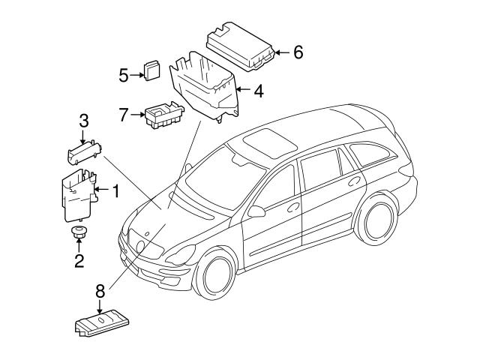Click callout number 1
click(x=116, y=191)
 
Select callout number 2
click(x=78, y=261)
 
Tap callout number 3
click(x=84, y=120)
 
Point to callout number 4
click(x=257, y=92)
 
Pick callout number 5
click(x=124, y=73)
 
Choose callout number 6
click(x=298, y=52)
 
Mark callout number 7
click(x=124, y=115)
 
